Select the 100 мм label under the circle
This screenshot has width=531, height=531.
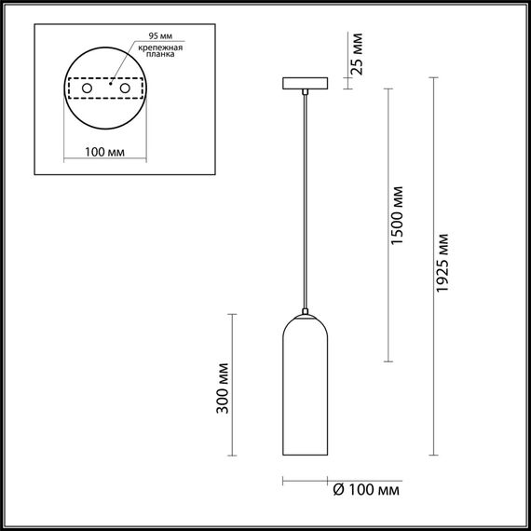coord(103,151)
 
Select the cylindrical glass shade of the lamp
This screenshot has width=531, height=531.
coord(305,391)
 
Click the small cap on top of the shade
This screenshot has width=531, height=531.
coord(304,311)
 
